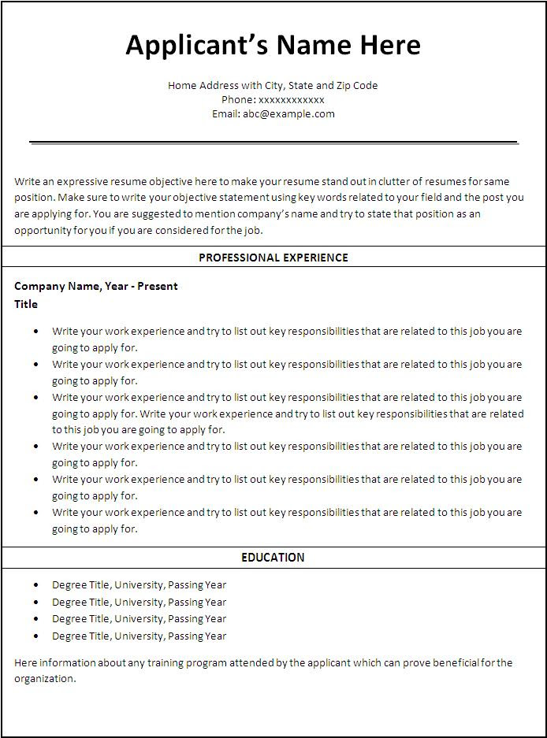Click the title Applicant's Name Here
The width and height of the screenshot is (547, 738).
click(x=273, y=45)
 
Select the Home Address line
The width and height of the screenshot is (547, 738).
click(x=273, y=85)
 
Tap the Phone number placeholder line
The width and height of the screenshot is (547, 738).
click(x=273, y=99)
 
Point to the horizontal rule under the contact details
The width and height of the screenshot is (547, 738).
click(x=273, y=143)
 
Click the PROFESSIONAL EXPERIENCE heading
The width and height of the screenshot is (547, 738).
click(x=273, y=258)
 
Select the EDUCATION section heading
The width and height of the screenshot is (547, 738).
click(x=273, y=558)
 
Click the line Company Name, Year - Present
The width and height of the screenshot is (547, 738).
click(x=96, y=286)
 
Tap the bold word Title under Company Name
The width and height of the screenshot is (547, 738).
click(x=26, y=304)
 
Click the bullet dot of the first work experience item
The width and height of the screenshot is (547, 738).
click(x=36, y=332)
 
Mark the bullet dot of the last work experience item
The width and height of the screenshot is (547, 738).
click(x=36, y=513)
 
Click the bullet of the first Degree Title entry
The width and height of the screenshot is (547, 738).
click(x=36, y=585)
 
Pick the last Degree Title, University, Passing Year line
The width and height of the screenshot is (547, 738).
click(x=139, y=636)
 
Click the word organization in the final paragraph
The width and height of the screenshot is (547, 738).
click(x=44, y=678)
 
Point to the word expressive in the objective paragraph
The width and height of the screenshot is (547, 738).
click(x=82, y=181)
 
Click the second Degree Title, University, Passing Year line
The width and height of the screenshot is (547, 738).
click(x=139, y=602)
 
